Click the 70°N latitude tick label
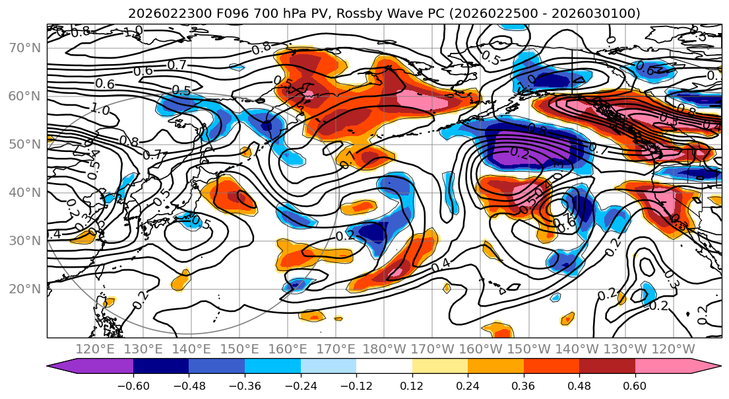(25, 48)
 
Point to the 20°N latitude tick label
(25, 289)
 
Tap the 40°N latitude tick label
(25, 193)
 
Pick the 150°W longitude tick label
(530, 349)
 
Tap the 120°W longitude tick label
(674, 349)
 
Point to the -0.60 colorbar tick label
(133, 385)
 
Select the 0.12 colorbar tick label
(412, 385)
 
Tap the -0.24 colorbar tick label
(300, 385)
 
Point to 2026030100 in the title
(600, 13)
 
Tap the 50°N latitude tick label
(25, 145)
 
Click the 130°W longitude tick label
(626, 349)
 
